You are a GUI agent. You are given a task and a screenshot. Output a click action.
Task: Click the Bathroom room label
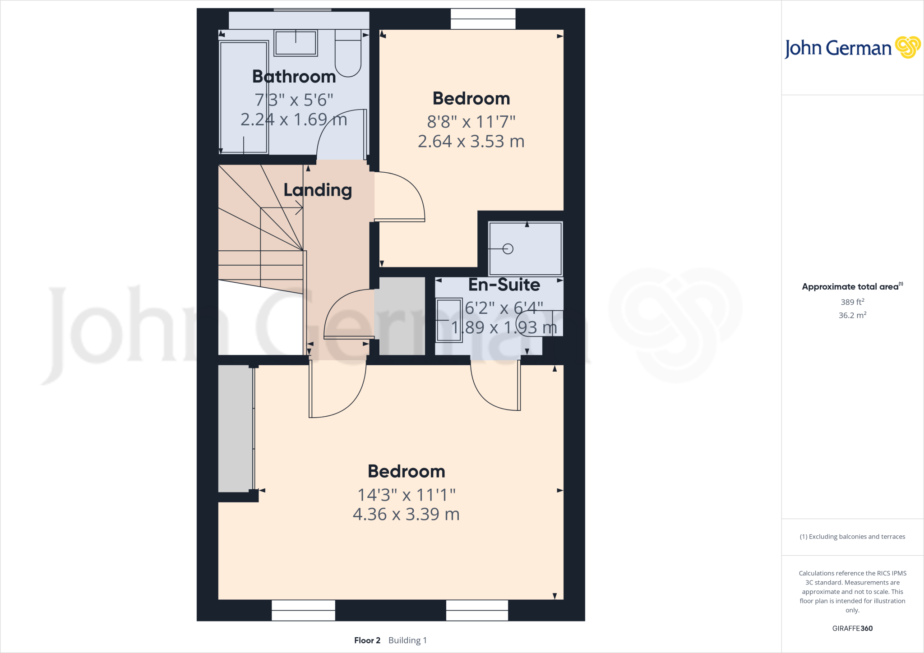(x=294, y=77)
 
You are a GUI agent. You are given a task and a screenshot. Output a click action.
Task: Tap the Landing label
(x=318, y=190)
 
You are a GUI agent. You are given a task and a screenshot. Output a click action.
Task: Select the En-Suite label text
(x=504, y=285)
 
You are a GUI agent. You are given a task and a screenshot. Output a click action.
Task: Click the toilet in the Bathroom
(x=348, y=54)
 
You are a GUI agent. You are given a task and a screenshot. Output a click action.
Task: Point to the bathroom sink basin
(x=296, y=43)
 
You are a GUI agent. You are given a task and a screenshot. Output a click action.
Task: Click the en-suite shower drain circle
(x=508, y=248)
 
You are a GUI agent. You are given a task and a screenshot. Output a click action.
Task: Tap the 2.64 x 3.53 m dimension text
(x=471, y=142)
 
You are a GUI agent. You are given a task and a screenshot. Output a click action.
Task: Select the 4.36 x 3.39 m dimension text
(x=406, y=514)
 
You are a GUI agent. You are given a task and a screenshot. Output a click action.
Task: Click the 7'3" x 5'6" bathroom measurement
(x=294, y=100)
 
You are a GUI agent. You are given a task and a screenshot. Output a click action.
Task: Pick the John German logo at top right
(x=852, y=48)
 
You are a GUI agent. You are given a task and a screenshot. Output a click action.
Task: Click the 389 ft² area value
(x=852, y=302)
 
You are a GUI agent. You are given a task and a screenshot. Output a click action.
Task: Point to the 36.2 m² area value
(x=852, y=315)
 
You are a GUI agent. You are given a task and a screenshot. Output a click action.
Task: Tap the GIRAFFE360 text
(x=852, y=628)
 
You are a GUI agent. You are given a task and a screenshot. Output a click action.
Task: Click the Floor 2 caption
(x=367, y=640)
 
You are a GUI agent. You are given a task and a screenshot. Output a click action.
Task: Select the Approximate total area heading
(x=851, y=287)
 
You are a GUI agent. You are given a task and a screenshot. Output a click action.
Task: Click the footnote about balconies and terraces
(x=852, y=537)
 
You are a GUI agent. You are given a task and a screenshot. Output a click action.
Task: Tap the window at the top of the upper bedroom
(x=483, y=19)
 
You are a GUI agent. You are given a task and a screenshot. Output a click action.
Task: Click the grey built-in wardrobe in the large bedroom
(x=235, y=428)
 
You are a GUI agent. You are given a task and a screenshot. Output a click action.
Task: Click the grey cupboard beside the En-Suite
(x=402, y=316)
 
